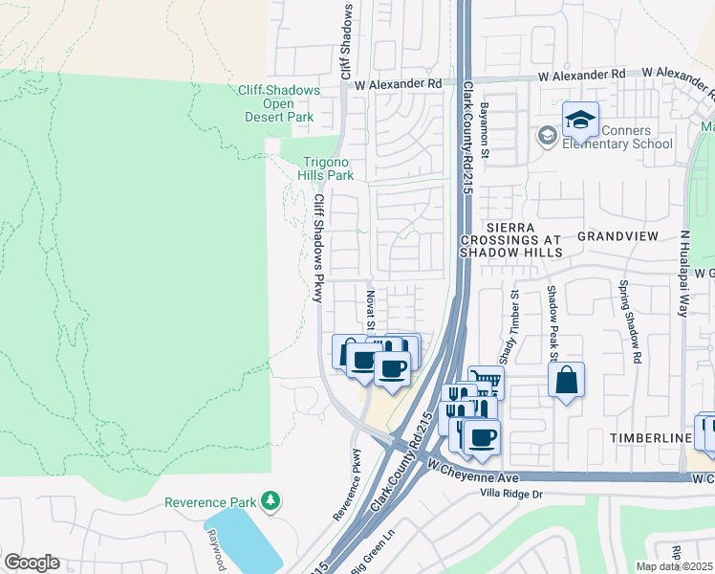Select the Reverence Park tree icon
(271, 500)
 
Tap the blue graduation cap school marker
(580, 120)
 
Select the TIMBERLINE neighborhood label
(651, 437)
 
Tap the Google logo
(31, 563)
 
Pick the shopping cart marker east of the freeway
(487, 382)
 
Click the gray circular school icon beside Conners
(548, 135)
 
